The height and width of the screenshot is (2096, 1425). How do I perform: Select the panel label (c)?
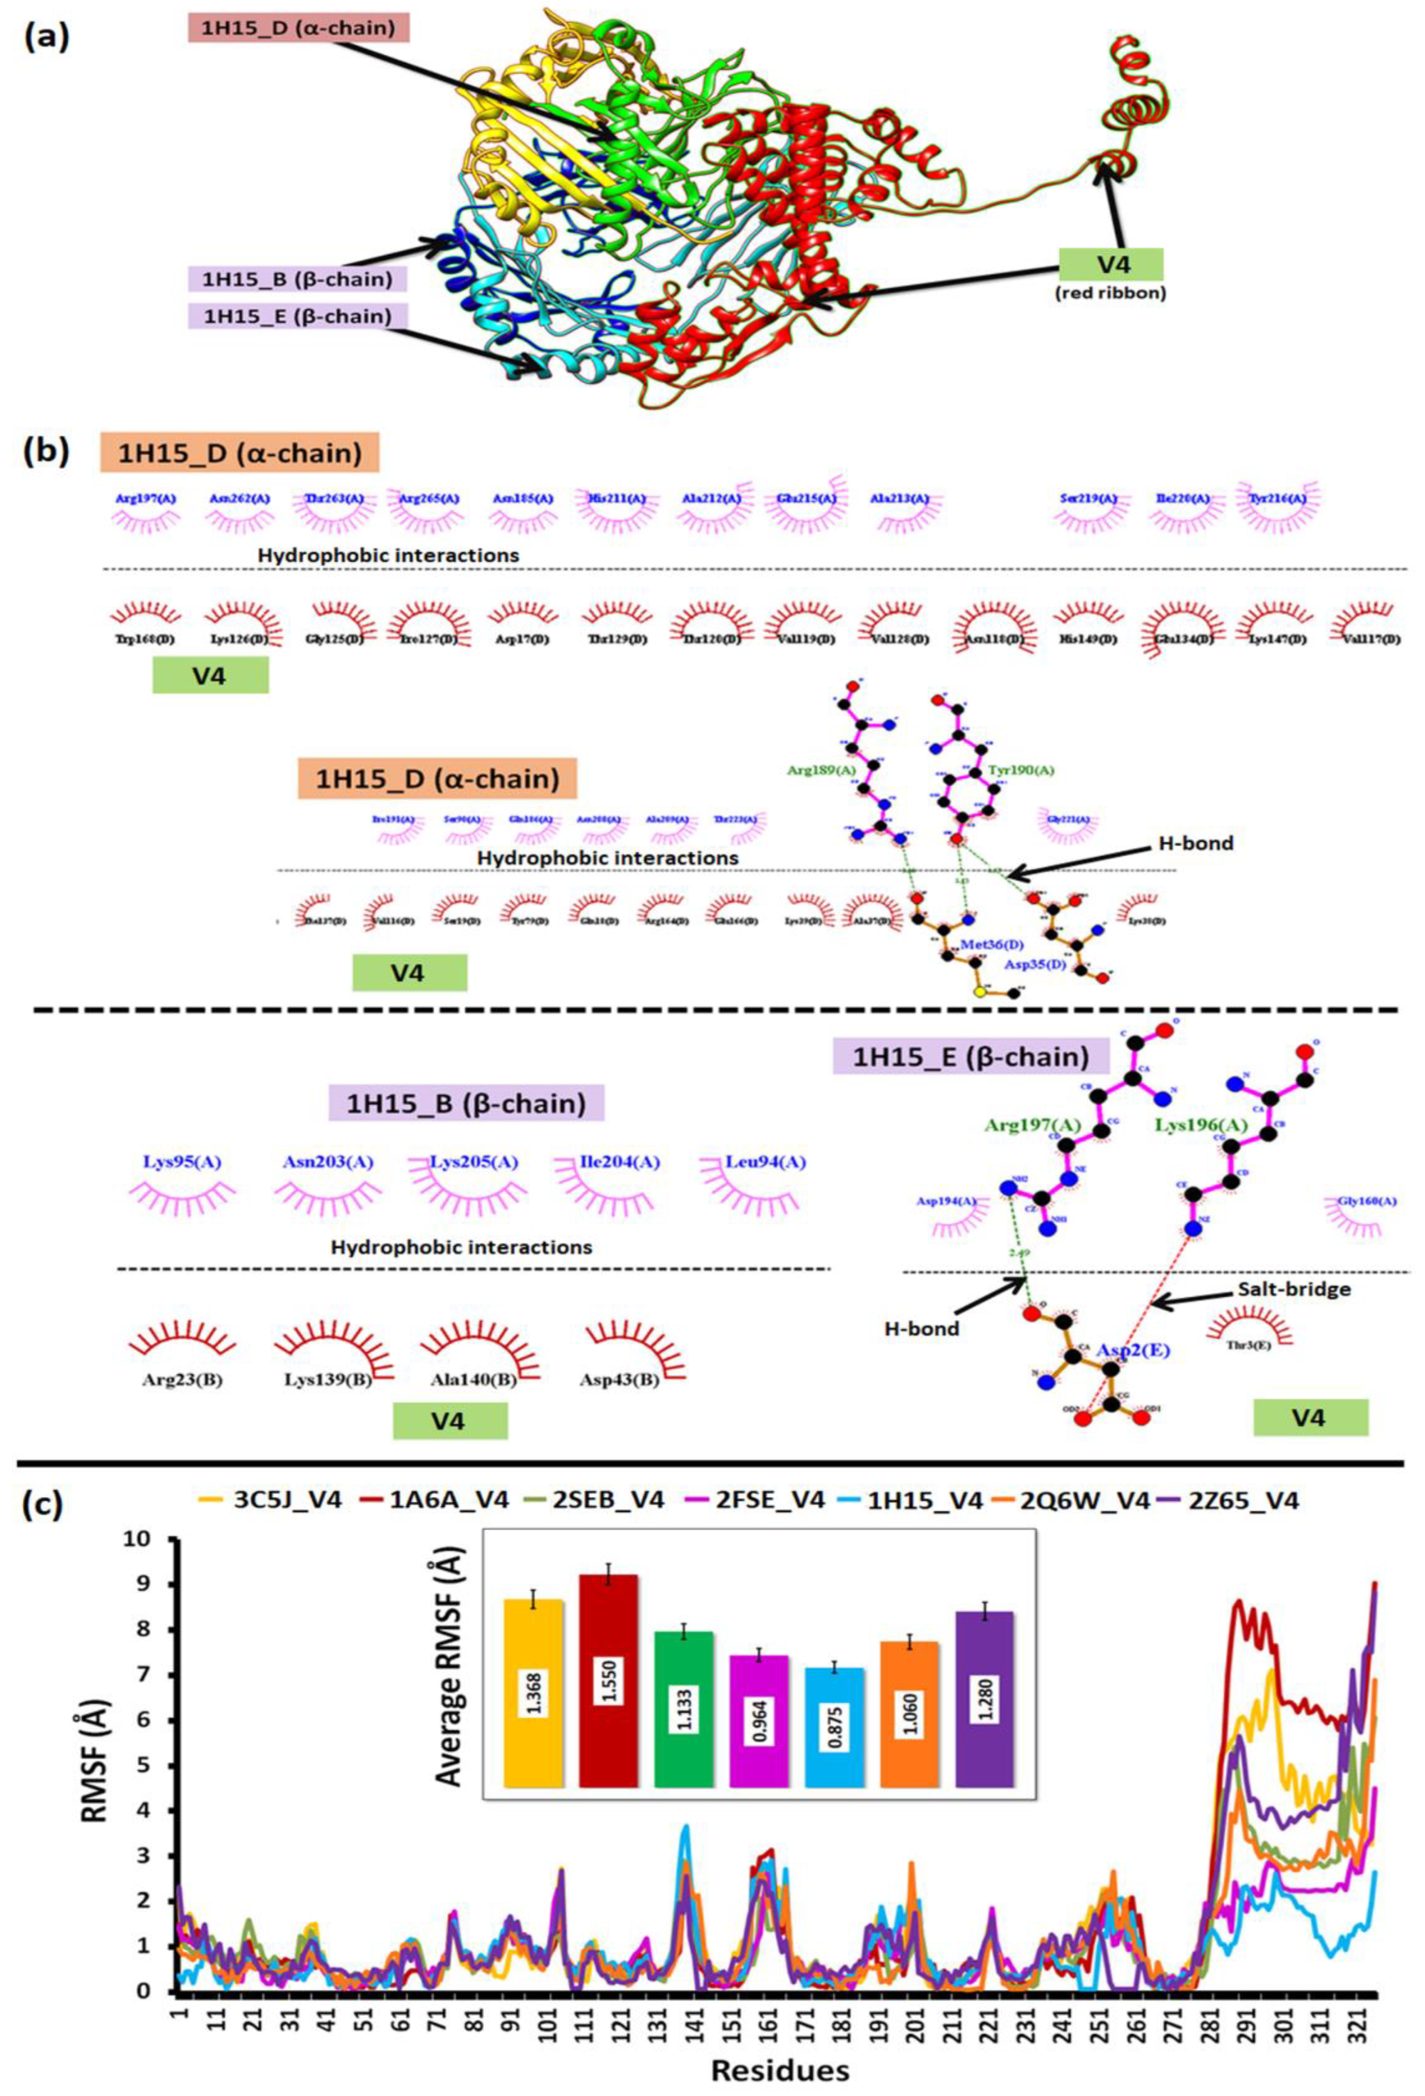(x=43, y=1504)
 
